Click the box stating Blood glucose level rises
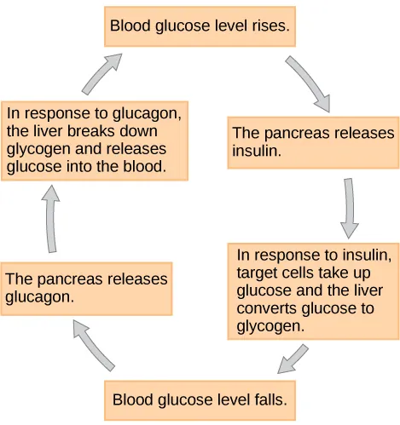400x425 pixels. pos(200,27)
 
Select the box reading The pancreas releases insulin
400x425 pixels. pos(313,142)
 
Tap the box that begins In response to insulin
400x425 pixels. pos(313,290)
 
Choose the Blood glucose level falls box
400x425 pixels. pos(200,399)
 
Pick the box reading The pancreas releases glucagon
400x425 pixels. pos(86,289)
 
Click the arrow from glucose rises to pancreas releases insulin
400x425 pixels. pos(308,83)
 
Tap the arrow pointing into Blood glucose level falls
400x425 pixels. pos(293,359)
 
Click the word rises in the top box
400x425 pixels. pos(270,27)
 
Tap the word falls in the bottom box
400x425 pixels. pos(270,399)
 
